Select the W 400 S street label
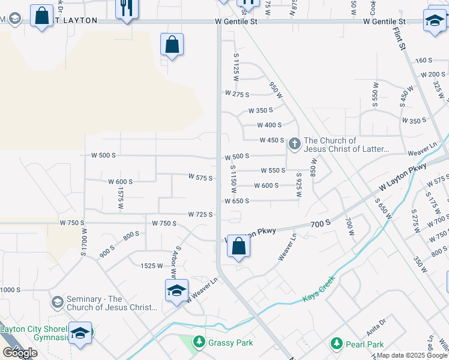point(269,125)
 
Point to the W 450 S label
point(271,140)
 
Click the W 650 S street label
point(237,201)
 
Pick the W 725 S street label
point(200,214)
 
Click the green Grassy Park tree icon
point(199,343)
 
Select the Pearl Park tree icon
point(337,344)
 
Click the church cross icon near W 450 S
point(294,143)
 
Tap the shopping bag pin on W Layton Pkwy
point(238,246)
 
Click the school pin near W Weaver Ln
point(176,292)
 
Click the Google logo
point(20,353)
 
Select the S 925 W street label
point(298,186)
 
